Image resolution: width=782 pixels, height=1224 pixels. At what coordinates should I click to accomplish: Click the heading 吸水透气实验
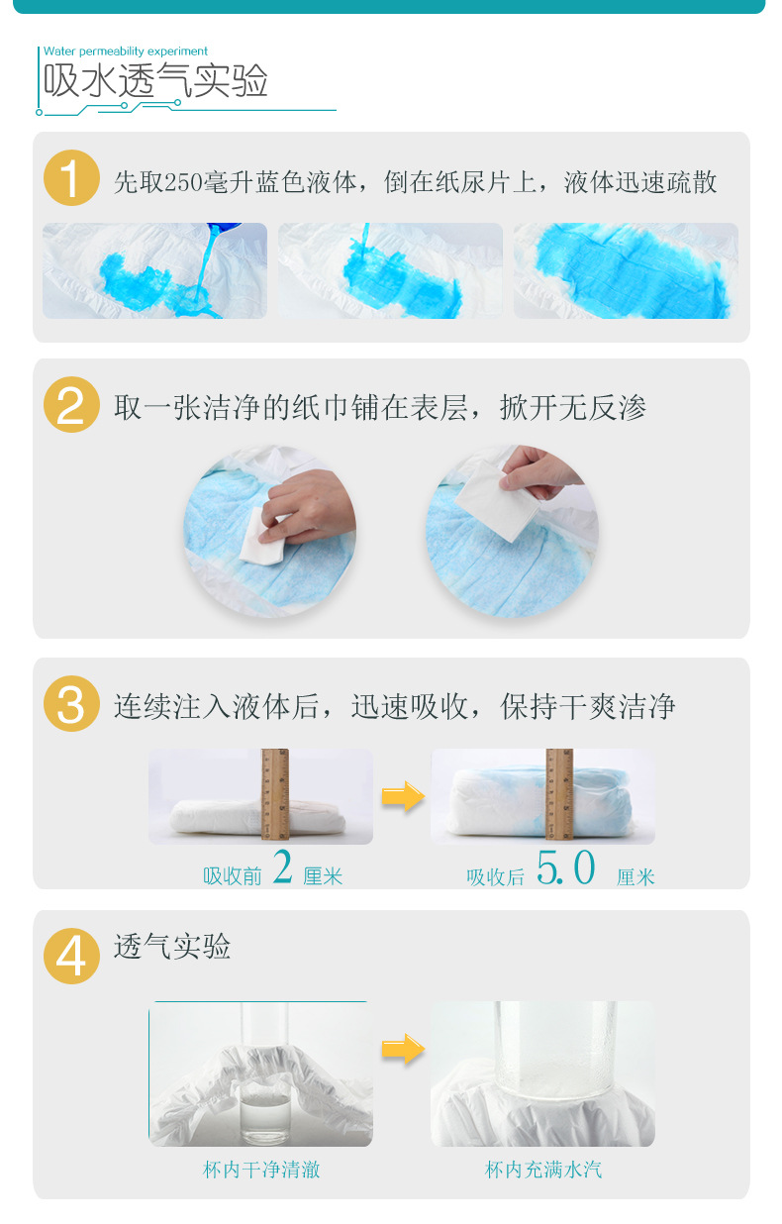tap(156, 81)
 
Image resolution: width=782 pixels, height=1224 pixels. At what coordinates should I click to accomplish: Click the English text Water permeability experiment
tap(126, 51)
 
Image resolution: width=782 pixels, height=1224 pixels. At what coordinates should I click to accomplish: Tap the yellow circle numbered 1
tap(71, 178)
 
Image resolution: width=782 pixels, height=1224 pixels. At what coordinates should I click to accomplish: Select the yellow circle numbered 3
tap(71, 704)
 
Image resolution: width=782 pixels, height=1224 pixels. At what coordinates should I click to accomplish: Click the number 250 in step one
tap(183, 182)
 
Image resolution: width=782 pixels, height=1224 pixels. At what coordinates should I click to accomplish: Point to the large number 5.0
tap(565, 868)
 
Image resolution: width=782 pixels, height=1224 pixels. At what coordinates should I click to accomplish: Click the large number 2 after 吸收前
tap(282, 868)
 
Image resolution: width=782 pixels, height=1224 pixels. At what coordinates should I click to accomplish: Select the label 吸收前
tap(233, 876)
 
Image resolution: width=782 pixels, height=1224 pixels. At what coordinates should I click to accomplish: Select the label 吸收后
tap(496, 876)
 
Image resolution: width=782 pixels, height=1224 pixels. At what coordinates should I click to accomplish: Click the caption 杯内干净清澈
tap(261, 1170)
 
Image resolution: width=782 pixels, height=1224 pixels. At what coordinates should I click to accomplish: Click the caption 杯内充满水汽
tap(543, 1170)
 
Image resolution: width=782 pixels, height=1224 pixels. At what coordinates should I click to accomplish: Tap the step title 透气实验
tap(172, 947)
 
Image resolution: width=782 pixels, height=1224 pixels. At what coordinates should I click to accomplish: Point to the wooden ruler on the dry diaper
tap(275, 795)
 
